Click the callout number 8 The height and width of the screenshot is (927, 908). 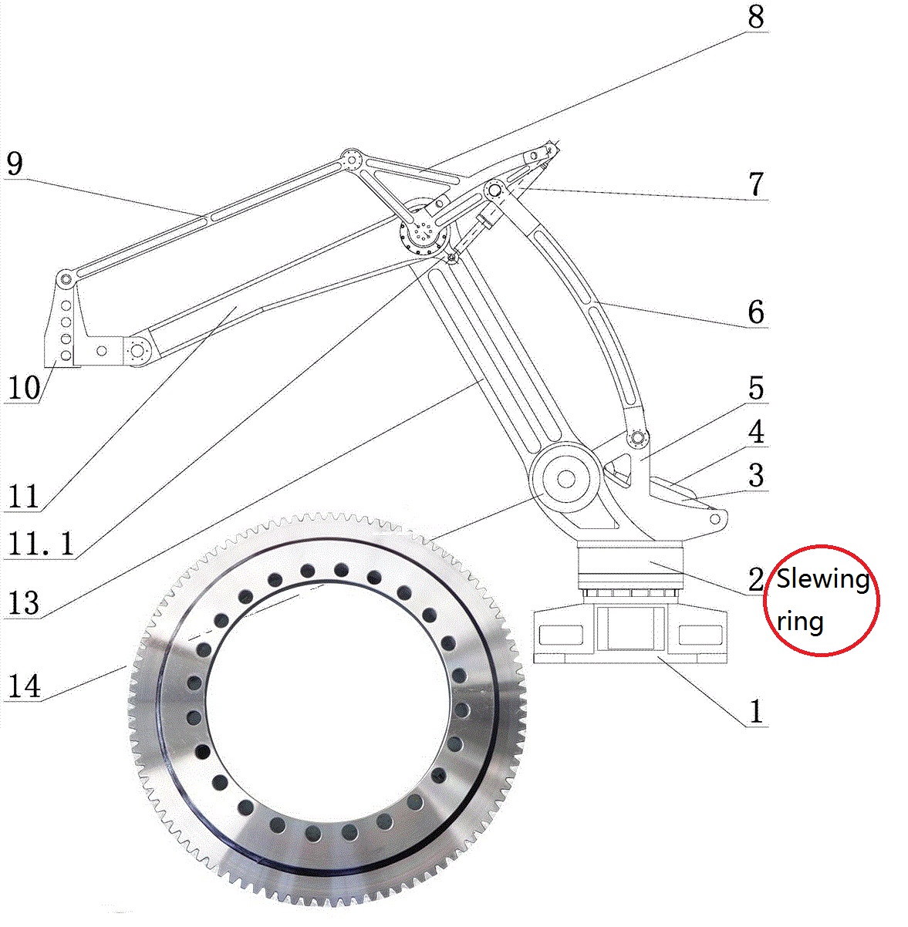point(755,16)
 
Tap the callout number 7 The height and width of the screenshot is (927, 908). point(756,184)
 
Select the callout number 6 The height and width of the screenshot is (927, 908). point(756,312)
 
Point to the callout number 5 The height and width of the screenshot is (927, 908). point(756,388)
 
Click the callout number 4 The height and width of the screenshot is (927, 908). point(756,432)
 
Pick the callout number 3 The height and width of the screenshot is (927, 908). point(756,475)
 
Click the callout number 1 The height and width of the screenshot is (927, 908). point(756,711)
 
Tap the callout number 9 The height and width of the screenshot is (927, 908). point(15,163)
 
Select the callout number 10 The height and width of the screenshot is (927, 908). point(23,387)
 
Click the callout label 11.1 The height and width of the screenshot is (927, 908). point(42,544)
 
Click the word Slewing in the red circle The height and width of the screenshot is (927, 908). point(822,578)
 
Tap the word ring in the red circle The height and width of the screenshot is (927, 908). point(800,622)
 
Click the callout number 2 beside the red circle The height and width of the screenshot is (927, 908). point(756,580)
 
